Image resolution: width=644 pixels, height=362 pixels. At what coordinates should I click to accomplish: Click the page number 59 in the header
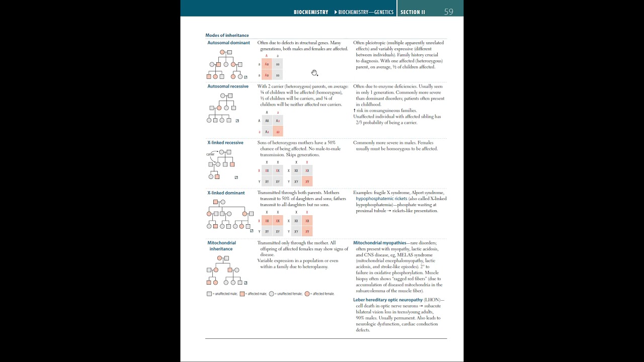[448, 12]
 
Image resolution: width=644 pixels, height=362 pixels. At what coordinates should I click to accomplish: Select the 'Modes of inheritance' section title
[227, 35]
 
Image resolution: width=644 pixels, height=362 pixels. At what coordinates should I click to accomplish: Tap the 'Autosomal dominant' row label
[228, 43]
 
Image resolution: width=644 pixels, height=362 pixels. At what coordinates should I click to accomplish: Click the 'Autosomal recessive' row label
[228, 86]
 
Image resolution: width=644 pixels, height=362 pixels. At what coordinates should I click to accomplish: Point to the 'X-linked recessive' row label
[225, 143]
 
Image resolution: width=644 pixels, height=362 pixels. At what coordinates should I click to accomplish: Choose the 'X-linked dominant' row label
[226, 193]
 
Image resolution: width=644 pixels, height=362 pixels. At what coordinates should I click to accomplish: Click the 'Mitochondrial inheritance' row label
[221, 246]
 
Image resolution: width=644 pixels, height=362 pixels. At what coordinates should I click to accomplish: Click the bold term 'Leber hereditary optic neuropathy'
[388, 300]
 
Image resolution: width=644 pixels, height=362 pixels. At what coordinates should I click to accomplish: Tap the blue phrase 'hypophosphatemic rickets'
[381, 199]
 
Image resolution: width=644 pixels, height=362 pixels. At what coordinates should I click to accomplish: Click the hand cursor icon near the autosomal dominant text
[314, 73]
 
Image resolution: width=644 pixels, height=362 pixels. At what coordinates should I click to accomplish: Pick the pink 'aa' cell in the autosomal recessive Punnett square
[278, 132]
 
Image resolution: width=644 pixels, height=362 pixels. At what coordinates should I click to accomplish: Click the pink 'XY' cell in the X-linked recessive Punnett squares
[307, 182]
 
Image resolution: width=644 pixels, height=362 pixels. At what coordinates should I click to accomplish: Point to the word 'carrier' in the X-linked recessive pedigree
[210, 154]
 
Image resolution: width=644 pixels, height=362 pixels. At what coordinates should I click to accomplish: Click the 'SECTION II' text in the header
[413, 12]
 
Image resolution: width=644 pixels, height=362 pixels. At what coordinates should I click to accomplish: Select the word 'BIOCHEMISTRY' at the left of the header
[310, 12]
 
